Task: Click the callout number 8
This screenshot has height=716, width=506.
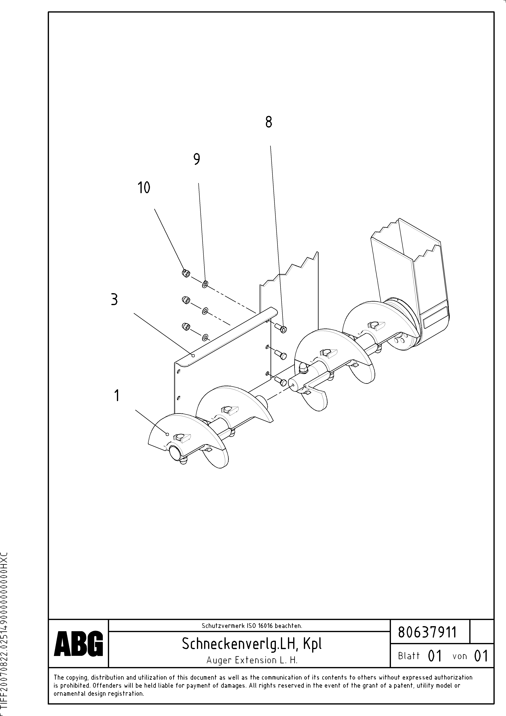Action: (268, 122)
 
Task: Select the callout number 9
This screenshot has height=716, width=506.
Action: (196, 159)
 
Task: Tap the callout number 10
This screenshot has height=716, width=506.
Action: (144, 188)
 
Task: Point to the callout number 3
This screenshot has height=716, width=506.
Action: (114, 300)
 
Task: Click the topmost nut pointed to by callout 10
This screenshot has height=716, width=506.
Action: (186, 273)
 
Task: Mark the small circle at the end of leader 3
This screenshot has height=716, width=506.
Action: (193, 355)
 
